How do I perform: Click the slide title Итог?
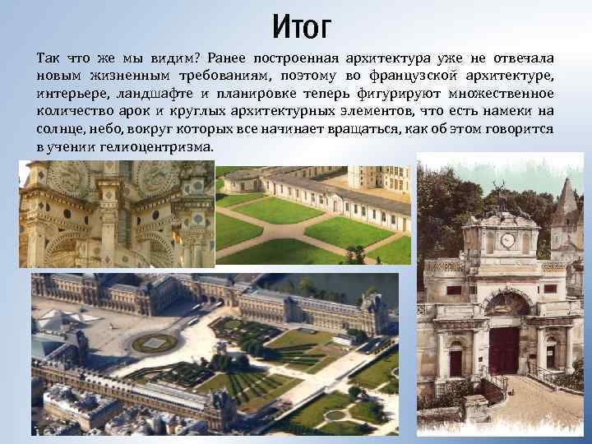[x=300, y=28]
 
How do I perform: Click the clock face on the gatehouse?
[x=507, y=240]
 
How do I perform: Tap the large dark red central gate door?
[x=504, y=349]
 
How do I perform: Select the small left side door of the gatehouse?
[x=456, y=359]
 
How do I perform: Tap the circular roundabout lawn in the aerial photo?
[x=155, y=342]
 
